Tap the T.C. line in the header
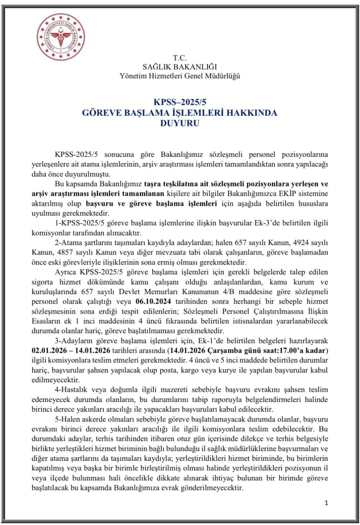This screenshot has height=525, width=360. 180,58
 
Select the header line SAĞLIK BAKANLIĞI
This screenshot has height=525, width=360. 180,67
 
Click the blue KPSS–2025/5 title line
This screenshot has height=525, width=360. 180,102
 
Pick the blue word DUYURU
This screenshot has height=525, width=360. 180,123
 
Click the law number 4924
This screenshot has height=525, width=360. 301,243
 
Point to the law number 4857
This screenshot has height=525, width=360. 67,252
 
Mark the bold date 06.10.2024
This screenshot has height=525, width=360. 153,302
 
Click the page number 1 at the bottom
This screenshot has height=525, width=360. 326,503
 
